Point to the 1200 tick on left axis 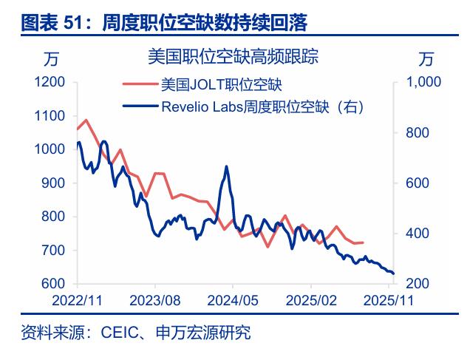(50, 82)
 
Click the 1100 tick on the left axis (50, 116)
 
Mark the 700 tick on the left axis (52, 251)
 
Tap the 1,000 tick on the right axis (423, 82)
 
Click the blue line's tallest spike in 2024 (226, 167)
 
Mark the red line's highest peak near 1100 (86, 120)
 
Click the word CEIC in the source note (115, 333)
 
